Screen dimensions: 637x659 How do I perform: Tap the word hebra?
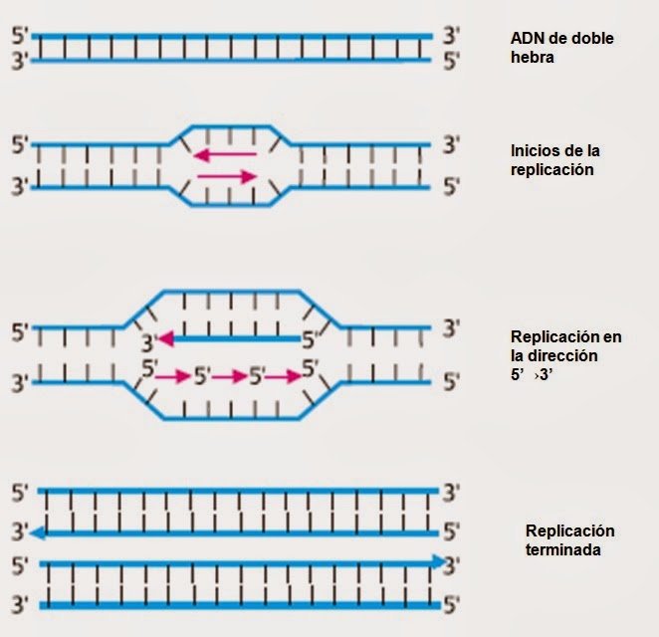coord(532,58)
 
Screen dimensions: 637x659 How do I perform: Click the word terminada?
coord(562,549)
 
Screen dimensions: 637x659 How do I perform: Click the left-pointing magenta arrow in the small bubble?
coord(224,154)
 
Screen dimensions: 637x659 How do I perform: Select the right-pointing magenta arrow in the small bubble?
coord(228,177)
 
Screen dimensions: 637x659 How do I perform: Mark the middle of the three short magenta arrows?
coord(229,377)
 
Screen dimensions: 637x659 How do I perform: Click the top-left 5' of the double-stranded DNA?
coord(20,38)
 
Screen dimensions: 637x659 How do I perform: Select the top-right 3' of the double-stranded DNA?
coord(450,38)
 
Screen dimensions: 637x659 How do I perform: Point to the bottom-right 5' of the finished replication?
coord(451,604)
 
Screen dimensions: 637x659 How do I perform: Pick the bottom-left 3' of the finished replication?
coord(19,604)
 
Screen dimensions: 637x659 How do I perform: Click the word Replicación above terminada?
coord(569,531)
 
